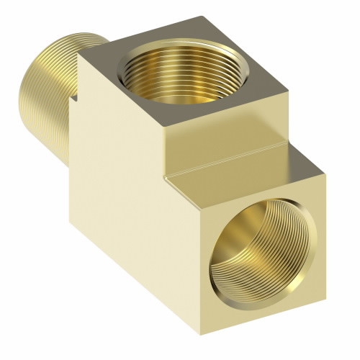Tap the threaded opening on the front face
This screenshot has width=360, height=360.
(254, 256)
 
